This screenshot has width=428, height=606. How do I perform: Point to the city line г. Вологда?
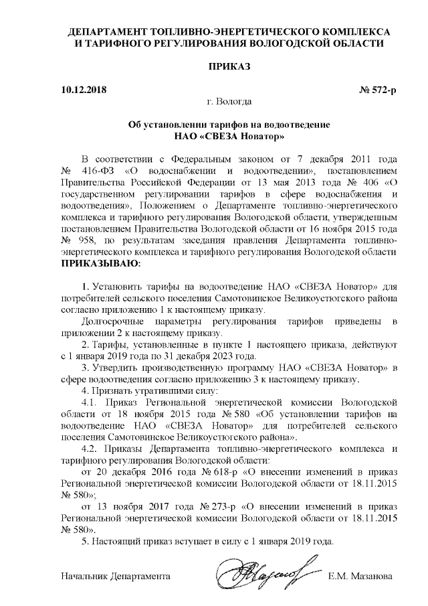pyautogui.click(x=229, y=101)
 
